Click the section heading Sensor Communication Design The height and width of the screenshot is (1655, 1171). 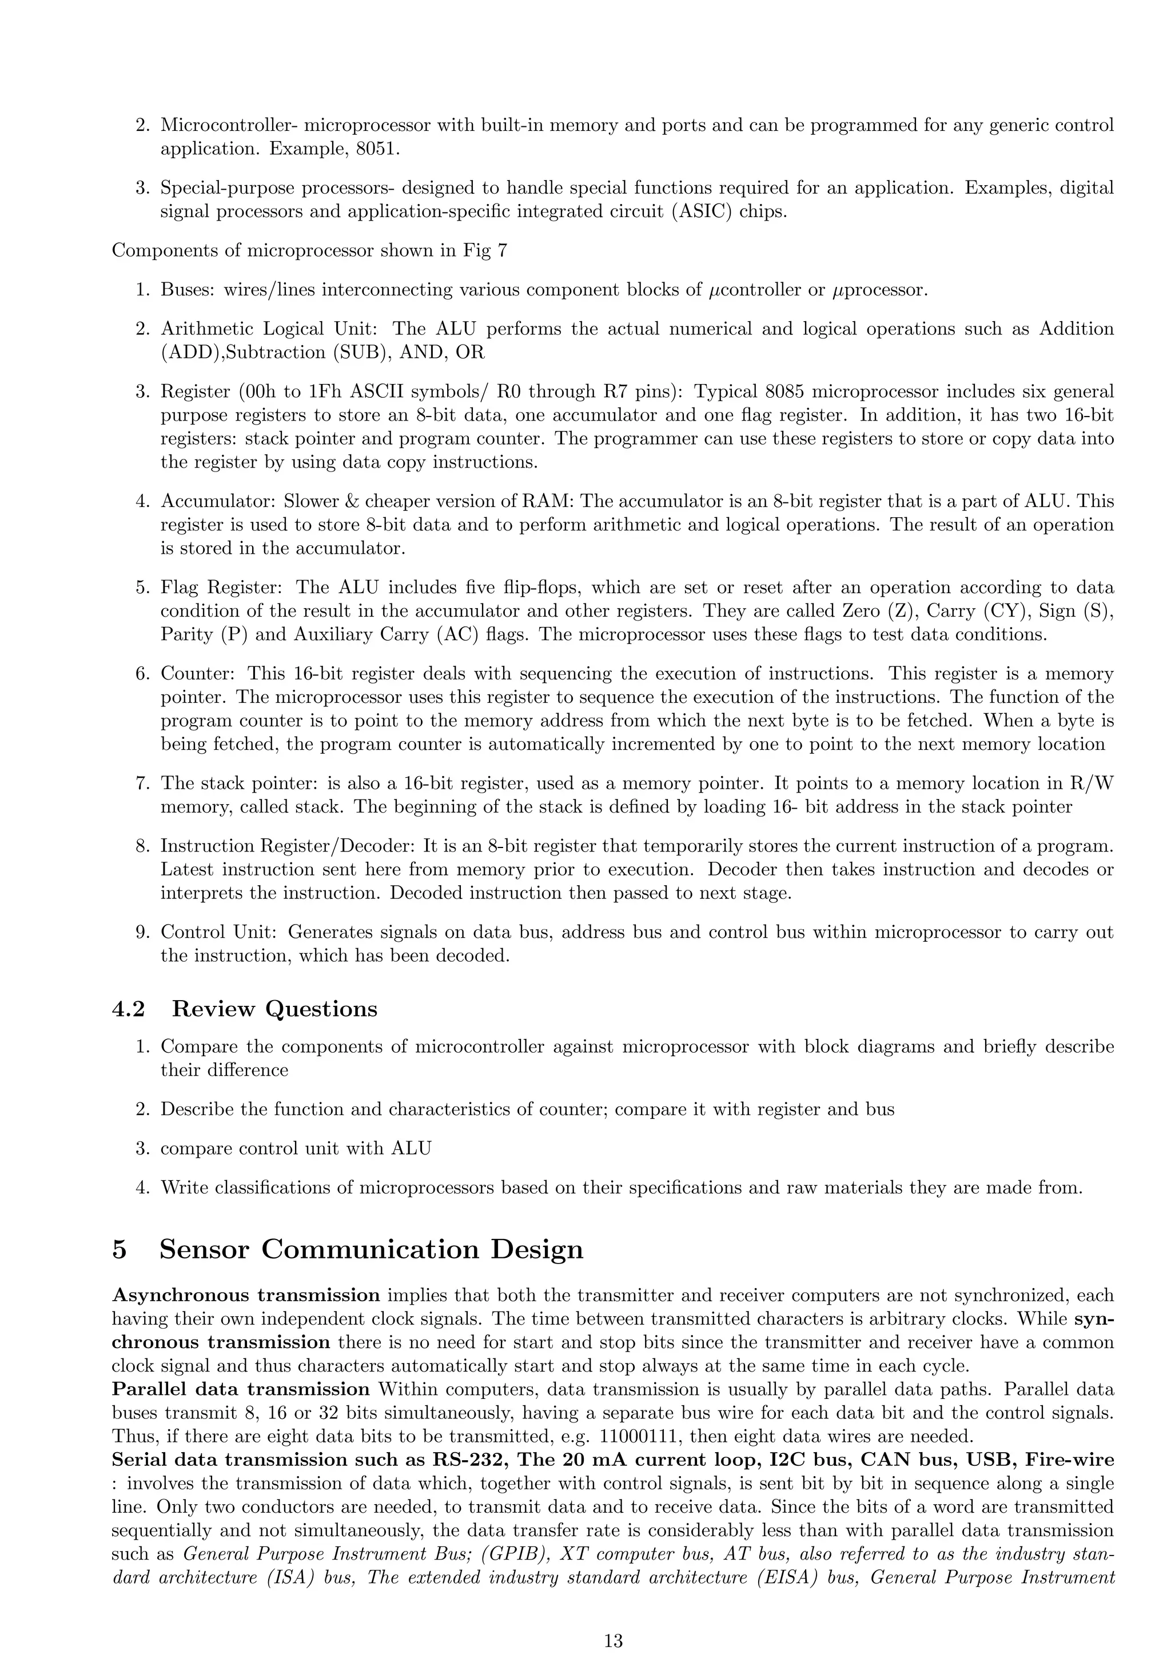point(371,1249)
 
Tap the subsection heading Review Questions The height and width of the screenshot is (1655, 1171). point(274,1009)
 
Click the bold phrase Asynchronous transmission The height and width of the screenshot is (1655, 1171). point(246,1296)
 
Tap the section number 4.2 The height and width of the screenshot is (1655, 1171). point(128,1009)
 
